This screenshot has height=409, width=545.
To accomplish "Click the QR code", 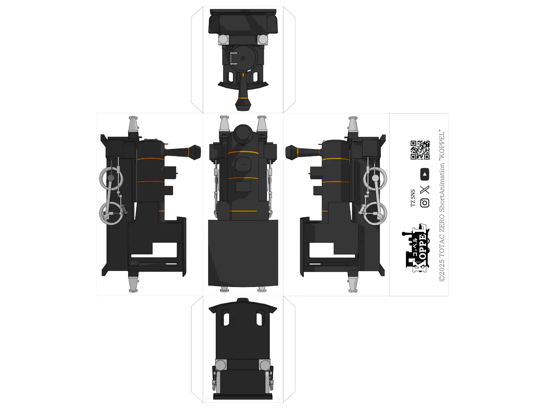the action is [420, 150].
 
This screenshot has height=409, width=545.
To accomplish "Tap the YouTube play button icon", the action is [424, 174].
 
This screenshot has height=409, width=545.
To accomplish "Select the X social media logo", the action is [424, 190].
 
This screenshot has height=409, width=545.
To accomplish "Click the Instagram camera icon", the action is [424, 203].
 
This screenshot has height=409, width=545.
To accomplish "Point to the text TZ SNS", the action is [412, 198].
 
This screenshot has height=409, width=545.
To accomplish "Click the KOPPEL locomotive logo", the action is [416, 248].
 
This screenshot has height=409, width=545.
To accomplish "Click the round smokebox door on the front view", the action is [243, 58].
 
